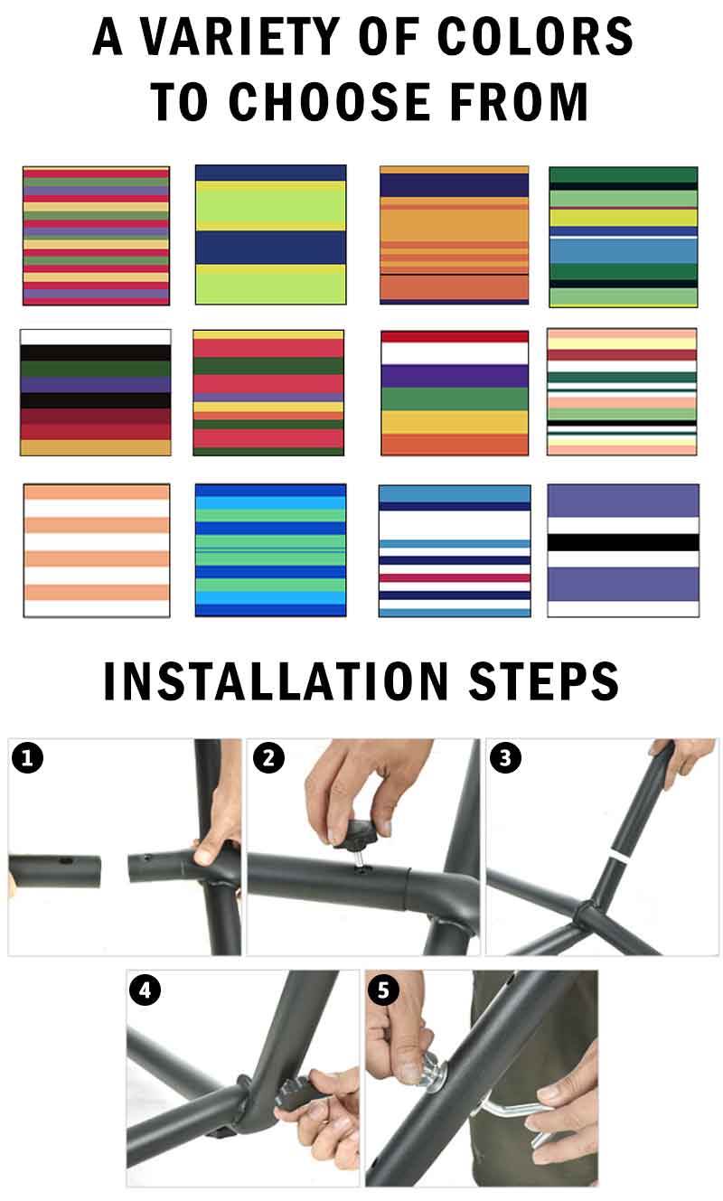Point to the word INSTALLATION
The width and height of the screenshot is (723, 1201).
[x=276, y=680]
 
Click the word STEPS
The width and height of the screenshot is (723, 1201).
[x=544, y=680]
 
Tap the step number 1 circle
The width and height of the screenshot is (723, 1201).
[x=28, y=757]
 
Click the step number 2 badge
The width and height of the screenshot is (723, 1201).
[x=268, y=757]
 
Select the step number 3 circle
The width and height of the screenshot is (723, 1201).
[x=505, y=757]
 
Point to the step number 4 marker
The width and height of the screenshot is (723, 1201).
[x=145, y=990]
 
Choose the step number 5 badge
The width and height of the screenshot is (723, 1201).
[x=383, y=990]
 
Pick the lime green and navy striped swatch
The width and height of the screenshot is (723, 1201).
[x=271, y=235]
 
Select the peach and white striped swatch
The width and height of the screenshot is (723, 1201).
[x=97, y=550]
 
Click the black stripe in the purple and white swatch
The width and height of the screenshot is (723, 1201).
[x=624, y=542]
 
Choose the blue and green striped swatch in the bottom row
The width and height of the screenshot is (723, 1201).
[x=271, y=550]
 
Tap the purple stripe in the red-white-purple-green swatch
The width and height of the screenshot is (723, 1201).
[x=455, y=376]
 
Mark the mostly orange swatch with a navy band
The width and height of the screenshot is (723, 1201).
[x=455, y=235]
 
